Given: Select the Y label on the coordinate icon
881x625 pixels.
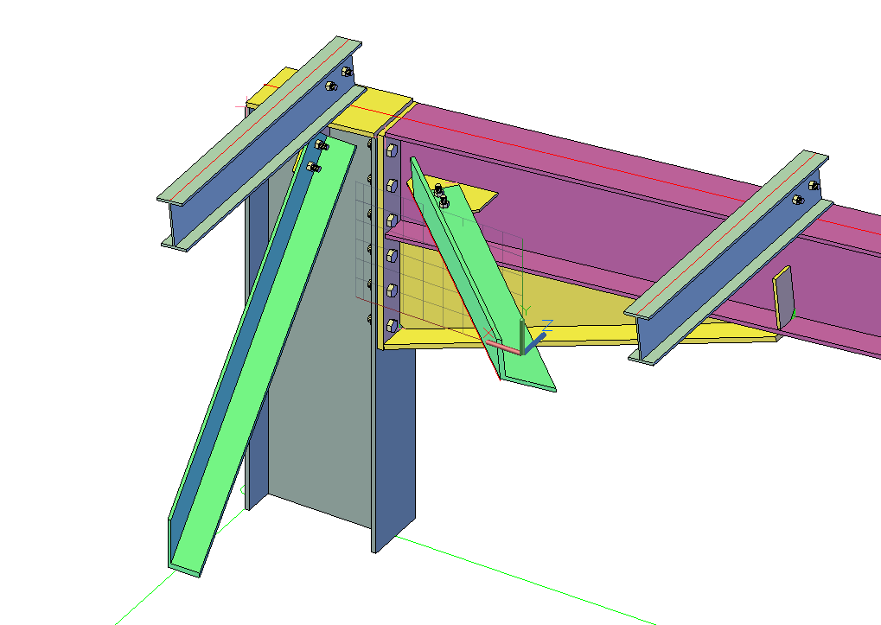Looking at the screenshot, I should click(526, 309).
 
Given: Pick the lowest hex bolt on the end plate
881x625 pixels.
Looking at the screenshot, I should click(391, 325).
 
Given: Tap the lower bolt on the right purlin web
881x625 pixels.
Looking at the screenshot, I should click(797, 200).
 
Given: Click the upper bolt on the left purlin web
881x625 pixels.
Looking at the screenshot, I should click(347, 71).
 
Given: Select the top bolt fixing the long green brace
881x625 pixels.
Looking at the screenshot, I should click(321, 144).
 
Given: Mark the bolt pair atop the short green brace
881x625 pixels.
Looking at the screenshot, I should click(441, 196).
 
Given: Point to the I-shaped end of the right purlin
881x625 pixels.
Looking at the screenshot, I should click(647, 337).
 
